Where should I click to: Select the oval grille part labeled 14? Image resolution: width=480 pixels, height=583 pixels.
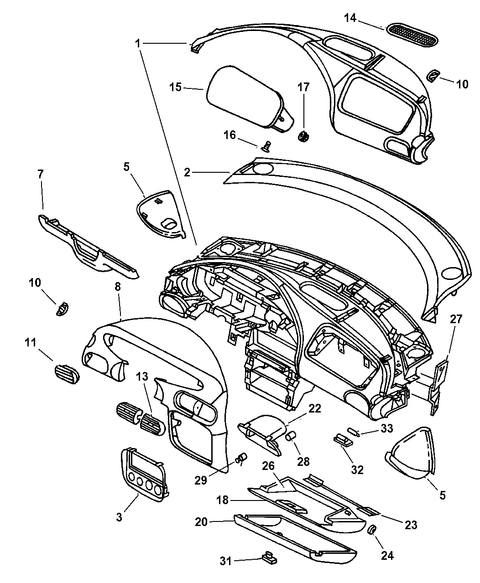412,35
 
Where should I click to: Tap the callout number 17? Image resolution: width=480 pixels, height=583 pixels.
303,87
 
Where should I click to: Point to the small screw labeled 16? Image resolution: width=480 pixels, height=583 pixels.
266,146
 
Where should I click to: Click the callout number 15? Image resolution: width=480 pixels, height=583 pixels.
176,87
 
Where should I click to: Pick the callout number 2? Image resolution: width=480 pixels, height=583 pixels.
187,172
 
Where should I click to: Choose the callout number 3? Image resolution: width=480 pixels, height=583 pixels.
119,517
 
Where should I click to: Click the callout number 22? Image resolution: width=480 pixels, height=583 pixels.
315,409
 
